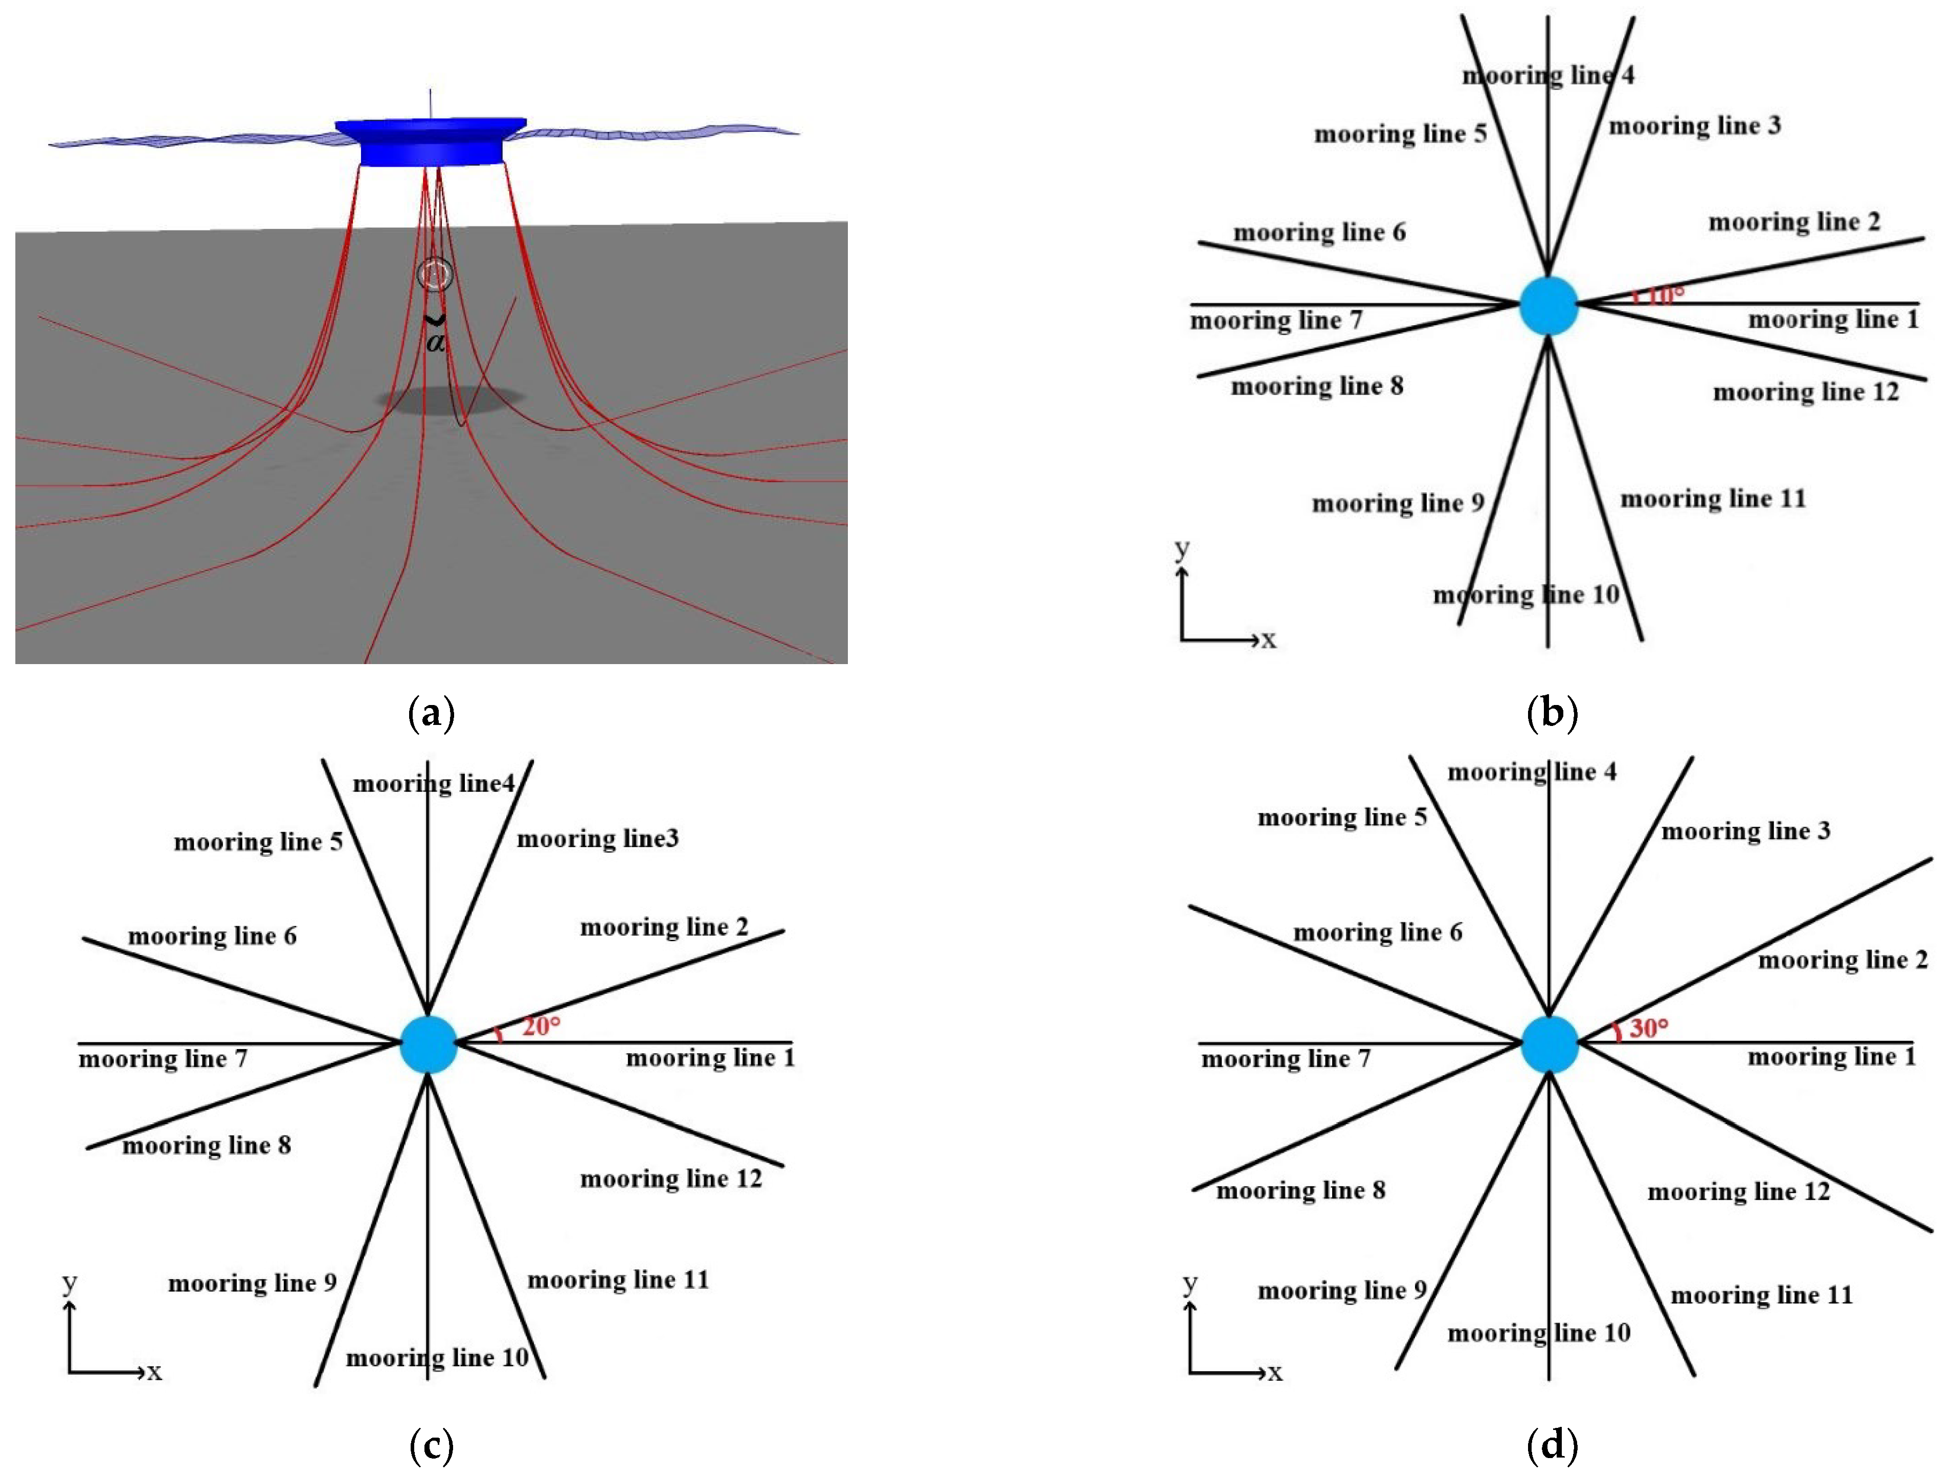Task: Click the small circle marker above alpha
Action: click(x=434, y=275)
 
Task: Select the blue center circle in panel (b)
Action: click(x=1548, y=306)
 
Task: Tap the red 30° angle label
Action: click(x=1648, y=1028)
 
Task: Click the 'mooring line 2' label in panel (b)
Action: click(x=1794, y=221)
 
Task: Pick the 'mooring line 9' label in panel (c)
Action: click(x=253, y=1283)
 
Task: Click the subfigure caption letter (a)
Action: click(x=432, y=713)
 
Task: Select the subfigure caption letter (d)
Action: click(x=1551, y=1445)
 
